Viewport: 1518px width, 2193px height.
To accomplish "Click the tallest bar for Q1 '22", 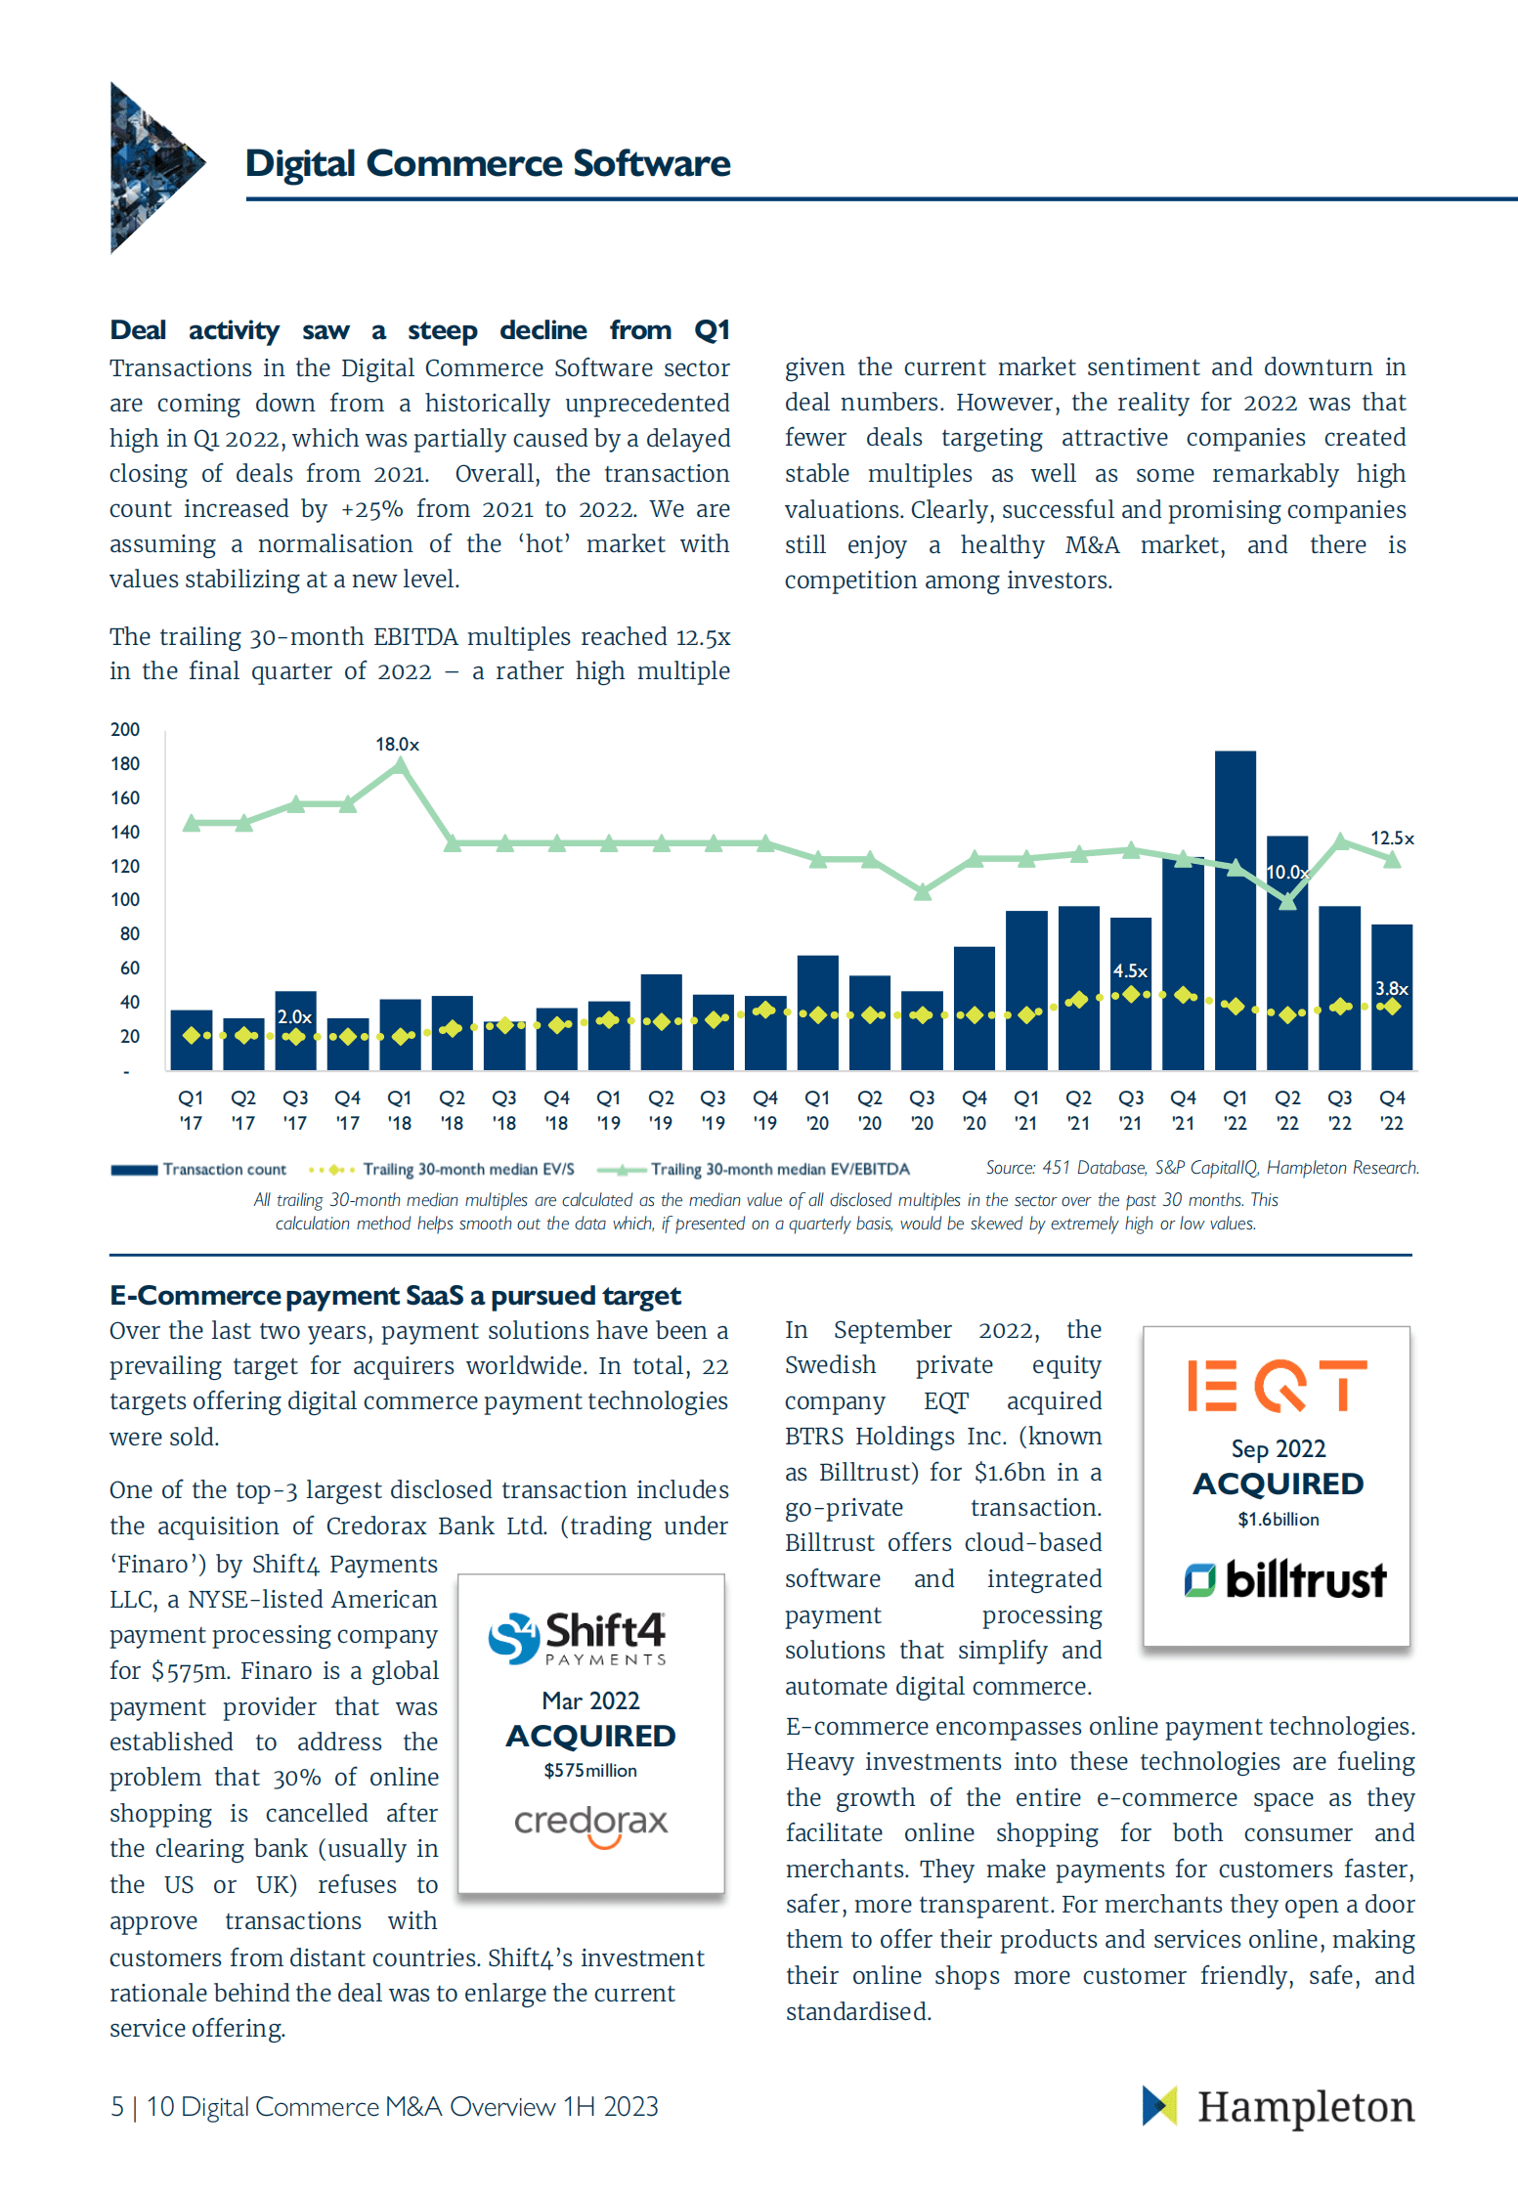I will pyautogui.click(x=1235, y=909).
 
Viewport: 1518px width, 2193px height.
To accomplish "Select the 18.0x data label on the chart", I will pyautogui.click(x=397, y=745).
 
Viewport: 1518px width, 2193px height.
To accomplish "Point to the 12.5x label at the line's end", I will pyautogui.click(x=1391, y=838).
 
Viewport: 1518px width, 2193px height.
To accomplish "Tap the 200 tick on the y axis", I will pyautogui.click(x=125, y=730).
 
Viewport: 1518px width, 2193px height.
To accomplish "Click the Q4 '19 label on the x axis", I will pyautogui.click(x=765, y=1110).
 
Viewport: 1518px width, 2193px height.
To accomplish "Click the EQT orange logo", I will pyautogui.click(x=1277, y=1386).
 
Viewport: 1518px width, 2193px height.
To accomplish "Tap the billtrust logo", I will pyautogui.click(x=1284, y=1579).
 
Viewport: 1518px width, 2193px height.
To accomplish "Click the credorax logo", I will pyautogui.click(x=590, y=1824).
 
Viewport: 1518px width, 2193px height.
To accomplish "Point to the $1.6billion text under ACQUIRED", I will pyautogui.click(x=1278, y=1520).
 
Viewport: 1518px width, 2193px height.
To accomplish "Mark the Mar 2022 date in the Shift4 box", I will pyautogui.click(x=590, y=1700).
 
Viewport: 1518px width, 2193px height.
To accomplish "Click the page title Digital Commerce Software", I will pyautogui.click(x=487, y=163).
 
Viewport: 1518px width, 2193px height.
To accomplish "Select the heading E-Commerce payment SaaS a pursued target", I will pyautogui.click(x=395, y=1296).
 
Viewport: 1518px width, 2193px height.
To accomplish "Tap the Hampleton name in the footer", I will pyautogui.click(x=1305, y=2107).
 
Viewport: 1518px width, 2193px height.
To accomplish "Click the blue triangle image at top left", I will pyautogui.click(x=152, y=166).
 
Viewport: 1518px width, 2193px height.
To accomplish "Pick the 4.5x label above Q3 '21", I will pyautogui.click(x=1130, y=971).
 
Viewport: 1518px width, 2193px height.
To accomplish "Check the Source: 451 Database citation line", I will pyautogui.click(x=1201, y=1168).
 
